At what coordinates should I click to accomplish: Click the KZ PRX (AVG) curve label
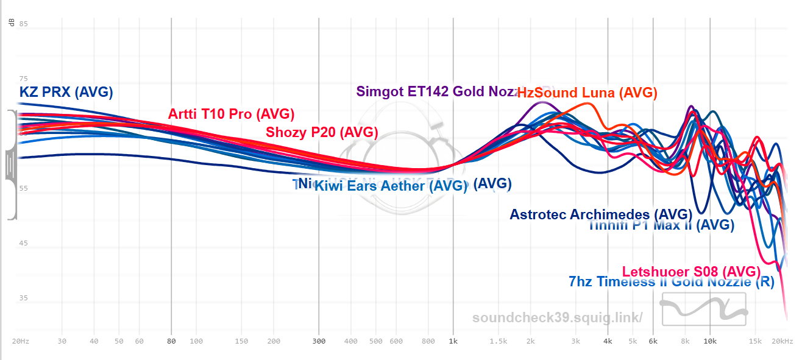coord(66,93)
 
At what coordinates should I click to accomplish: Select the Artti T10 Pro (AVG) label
coord(231,114)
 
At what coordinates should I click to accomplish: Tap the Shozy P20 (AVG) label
coord(322,132)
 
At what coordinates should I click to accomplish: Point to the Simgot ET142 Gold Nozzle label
coord(436,92)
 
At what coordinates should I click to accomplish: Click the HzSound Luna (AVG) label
coord(587,93)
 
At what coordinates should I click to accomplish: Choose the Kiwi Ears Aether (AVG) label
coord(391,186)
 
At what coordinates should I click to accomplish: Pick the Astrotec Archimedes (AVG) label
coord(601,214)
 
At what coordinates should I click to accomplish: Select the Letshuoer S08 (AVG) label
coord(691,271)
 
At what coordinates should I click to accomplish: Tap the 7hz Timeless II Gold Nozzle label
coord(671,282)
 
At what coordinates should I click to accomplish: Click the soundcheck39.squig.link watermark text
coord(557,317)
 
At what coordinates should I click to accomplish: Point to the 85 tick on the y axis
coord(24,24)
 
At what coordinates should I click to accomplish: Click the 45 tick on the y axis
coord(24,243)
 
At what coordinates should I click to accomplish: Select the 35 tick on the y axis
coord(24,298)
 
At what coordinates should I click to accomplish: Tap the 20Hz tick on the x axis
coord(21,341)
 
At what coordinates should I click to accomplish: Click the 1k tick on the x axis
coord(453,341)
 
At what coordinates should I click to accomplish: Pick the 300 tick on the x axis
coord(319,341)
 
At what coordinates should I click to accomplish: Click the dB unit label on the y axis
coord(12,23)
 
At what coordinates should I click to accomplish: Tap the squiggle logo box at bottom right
coord(704,308)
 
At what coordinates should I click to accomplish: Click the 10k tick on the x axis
coord(710,341)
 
